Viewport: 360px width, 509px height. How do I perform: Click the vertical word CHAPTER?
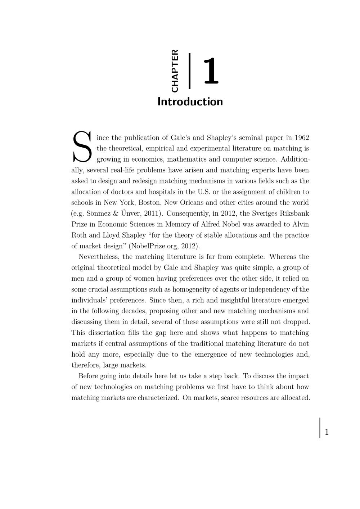pos(175,71)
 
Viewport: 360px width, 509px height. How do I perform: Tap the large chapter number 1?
pos(211,71)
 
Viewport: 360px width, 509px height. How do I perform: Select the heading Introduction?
pos(190,102)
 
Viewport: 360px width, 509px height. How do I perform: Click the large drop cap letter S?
pos(82,147)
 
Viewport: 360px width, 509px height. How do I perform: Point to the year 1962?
pos(302,138)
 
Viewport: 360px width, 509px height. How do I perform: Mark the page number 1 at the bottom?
pos(327,432)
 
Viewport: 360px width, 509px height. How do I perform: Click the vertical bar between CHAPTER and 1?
pos(189,71)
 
